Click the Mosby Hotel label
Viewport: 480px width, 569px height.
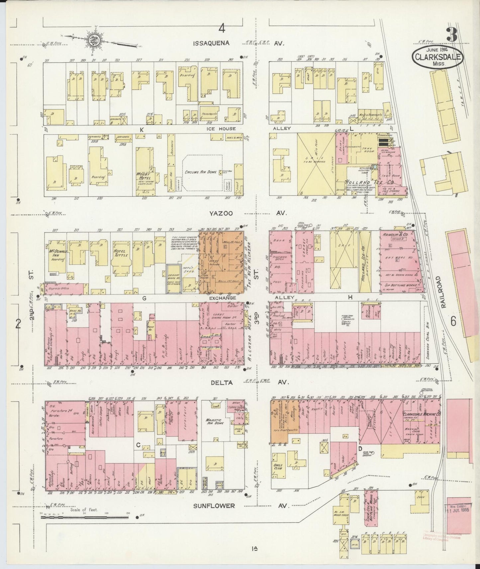(x=144, y=176)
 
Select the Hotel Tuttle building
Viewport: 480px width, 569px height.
(x=121, y=259)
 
